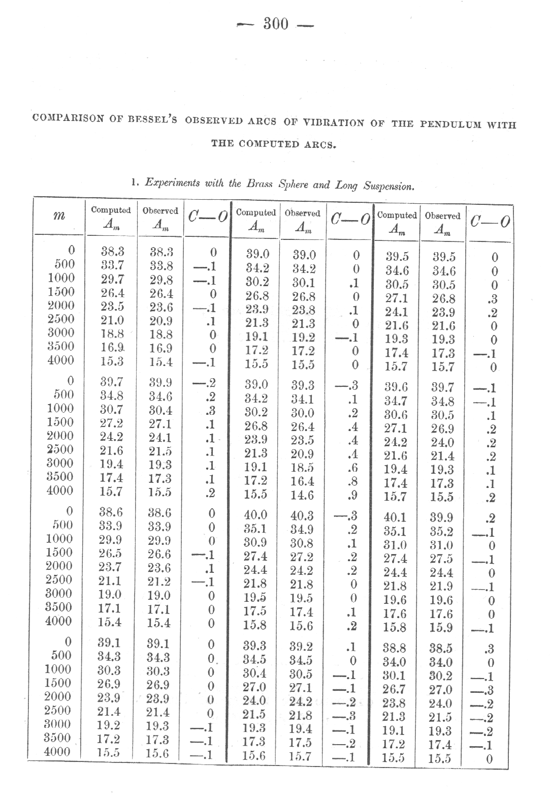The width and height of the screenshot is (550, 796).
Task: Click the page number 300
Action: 276,24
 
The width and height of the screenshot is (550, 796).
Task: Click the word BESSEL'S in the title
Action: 151,120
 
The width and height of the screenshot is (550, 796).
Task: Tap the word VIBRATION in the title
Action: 333,123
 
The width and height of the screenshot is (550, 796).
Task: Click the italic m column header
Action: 59,215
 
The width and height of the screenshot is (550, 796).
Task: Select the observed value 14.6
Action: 302,495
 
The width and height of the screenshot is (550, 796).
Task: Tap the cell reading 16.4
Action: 302,481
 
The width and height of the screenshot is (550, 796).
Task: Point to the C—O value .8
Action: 350,481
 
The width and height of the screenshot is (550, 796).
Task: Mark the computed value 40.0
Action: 255,515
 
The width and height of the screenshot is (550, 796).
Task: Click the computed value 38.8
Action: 395,648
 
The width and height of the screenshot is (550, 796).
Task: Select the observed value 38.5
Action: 441,649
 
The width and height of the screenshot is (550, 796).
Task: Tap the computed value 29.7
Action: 112,279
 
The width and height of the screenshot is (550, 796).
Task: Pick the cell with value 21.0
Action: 112,320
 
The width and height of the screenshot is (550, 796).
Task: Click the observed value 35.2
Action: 441,532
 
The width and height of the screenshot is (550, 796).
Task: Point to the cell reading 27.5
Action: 441,559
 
